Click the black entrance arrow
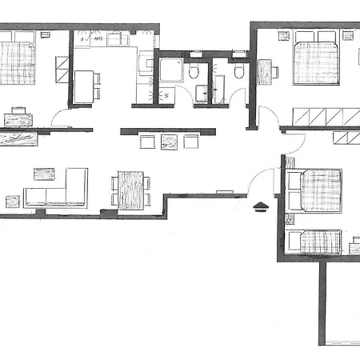[260, 206]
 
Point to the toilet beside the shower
[194, 74]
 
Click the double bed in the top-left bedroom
[18, 61]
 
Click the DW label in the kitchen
[96, 38]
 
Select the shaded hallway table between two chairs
[169, 142]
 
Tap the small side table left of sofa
[11, 200]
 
